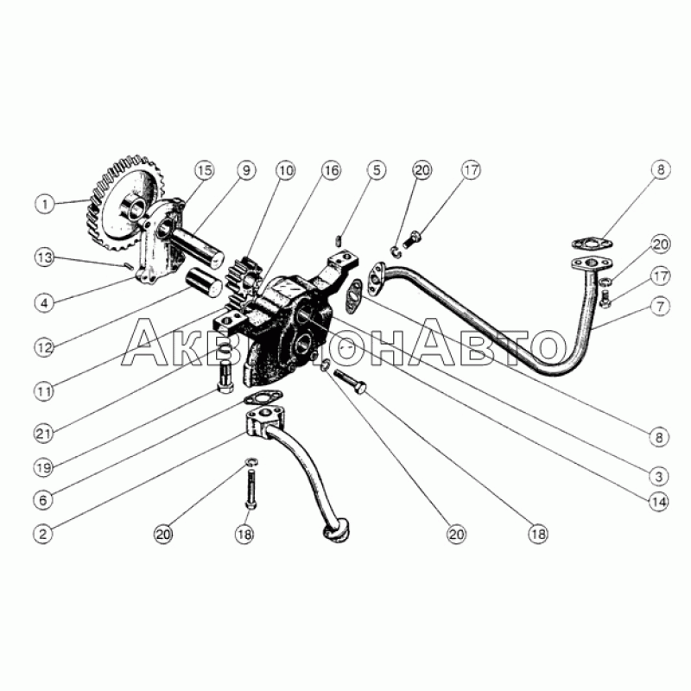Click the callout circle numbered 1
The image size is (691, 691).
[x=45, y=205]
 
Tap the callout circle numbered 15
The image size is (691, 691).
[x=205, y=170]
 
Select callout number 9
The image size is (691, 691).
[x=246, y=170]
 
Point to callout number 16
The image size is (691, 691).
[x=331, y=170]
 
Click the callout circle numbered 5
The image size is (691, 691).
[x=376, y=170]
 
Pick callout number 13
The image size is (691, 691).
[x=45, y=257]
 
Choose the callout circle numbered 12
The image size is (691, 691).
[x=45, y=348]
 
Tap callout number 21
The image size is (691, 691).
[x=44, y=434]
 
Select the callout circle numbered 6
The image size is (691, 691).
[x=43, y=500]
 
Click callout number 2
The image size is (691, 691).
[x=43, y=534]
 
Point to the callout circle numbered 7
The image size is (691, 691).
[x=660, y=307]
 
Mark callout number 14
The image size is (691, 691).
[x=659, y=502]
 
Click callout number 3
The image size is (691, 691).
[x=659, y=477]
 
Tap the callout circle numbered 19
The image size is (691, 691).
[x=44, y=467]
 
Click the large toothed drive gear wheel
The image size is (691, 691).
[x=124, y=203]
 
